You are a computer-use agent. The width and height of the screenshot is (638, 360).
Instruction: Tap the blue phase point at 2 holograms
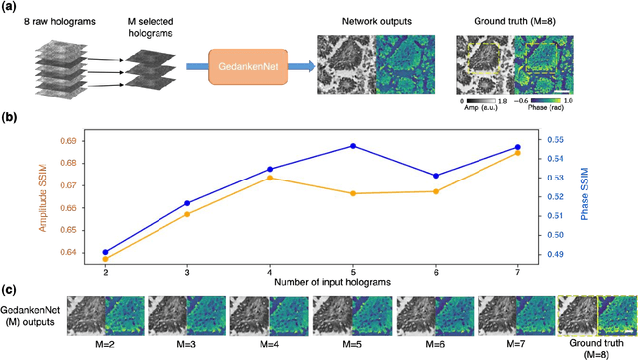click(105, 252)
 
